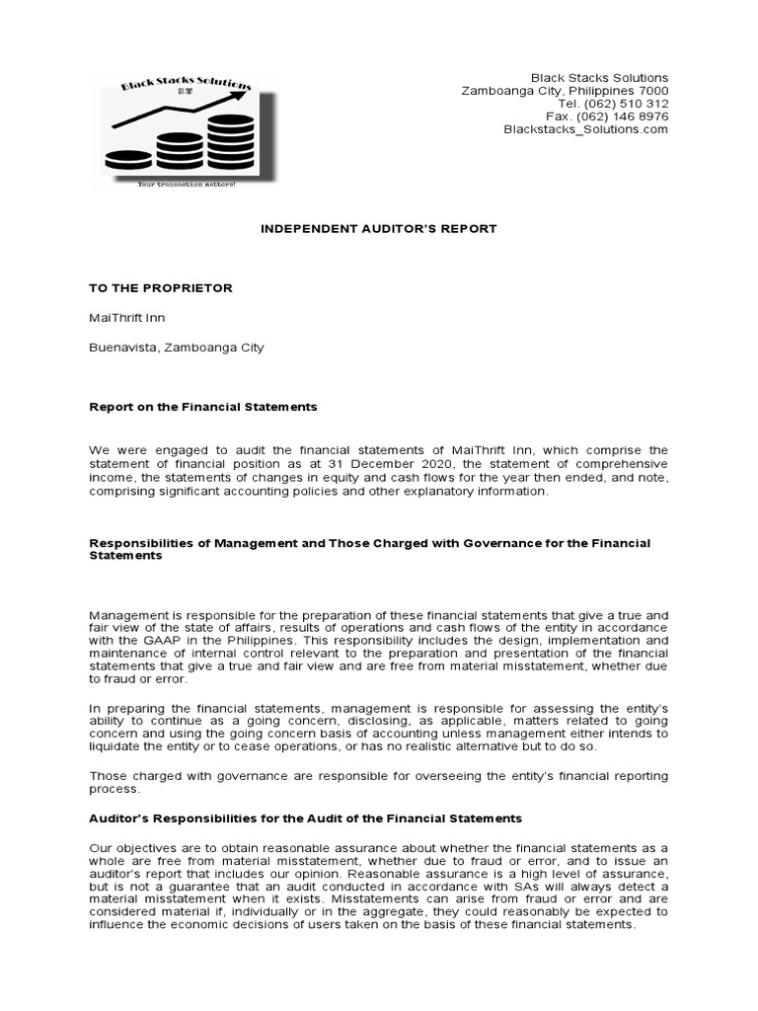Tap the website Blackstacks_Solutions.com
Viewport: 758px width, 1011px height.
click(x=585, y=129)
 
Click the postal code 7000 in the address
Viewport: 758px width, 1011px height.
click(x=651, y=91)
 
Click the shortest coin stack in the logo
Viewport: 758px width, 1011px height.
click(x=128, y=159)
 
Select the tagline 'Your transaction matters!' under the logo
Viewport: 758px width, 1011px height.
click(x=187, y=185)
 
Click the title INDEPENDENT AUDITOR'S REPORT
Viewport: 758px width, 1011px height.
click(x=378, y=229)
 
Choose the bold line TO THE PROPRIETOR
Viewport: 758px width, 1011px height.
click(x=161, y=288)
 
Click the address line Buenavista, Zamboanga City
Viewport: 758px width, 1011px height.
click(x=177, y=348)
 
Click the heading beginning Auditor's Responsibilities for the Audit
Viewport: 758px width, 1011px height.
click(x=306, y=819)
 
